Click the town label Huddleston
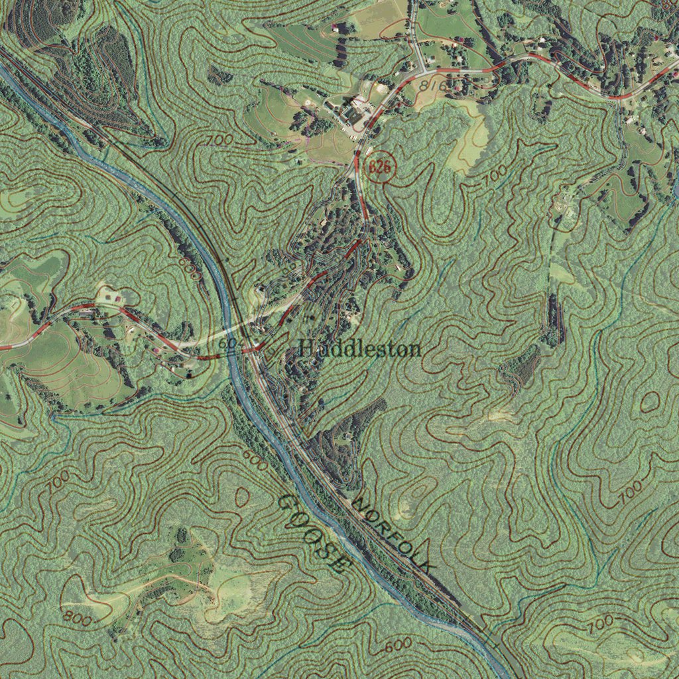359,348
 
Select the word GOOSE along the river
314,534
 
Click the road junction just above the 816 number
423,70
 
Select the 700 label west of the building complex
219,140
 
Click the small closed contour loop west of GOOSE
243,496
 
